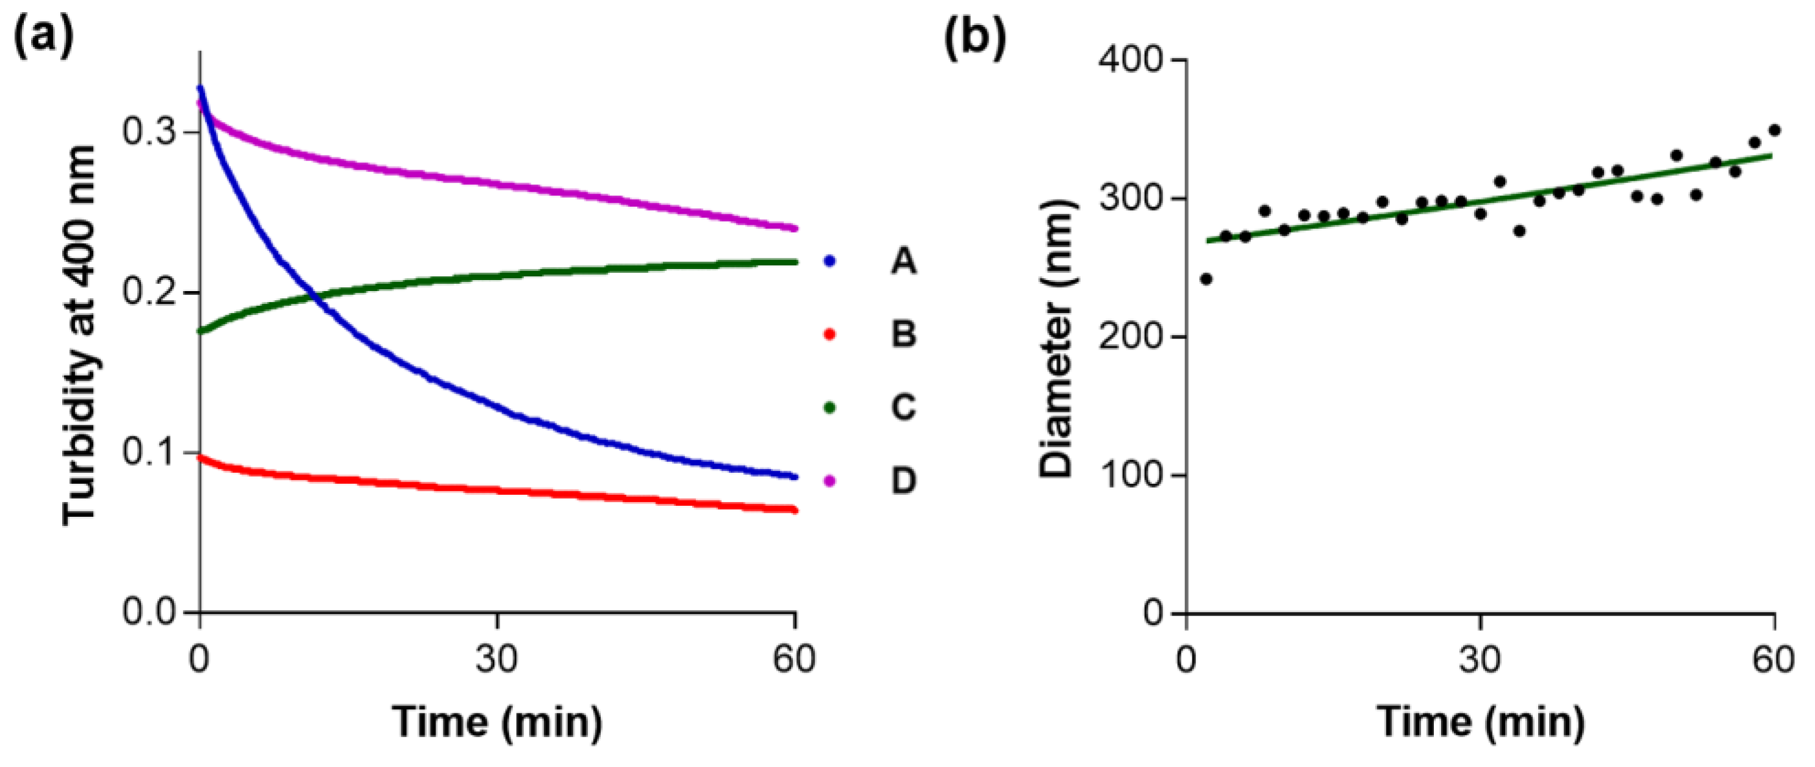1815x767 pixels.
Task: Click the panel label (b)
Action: [x=975, y=39]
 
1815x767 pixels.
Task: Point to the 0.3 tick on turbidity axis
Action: [x=149, y=132]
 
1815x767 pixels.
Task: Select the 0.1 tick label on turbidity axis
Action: [x=149, y=452]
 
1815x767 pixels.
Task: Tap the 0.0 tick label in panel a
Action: [x=149, y=611]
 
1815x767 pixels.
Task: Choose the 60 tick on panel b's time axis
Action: [x=1773, y=659]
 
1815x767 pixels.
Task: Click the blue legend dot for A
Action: [x=829, y=262]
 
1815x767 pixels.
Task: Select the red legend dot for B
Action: [x=829, y=335]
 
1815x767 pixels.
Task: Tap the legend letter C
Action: [x=903, y=408]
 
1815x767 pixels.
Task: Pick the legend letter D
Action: [x=903, y=481]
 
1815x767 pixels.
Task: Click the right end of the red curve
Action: [x=794, y=510]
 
